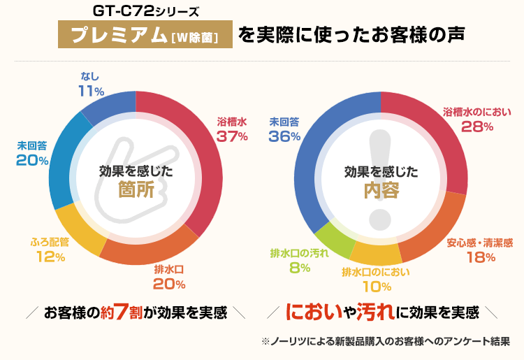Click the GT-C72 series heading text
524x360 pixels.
pos(146,12)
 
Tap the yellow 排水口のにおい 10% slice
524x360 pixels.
pos(374,252)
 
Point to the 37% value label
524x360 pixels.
pos(232,136)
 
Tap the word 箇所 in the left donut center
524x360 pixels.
pos(136,191)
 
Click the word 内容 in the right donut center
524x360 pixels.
pos(381,191)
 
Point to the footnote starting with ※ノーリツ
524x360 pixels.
pos(386,342)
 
